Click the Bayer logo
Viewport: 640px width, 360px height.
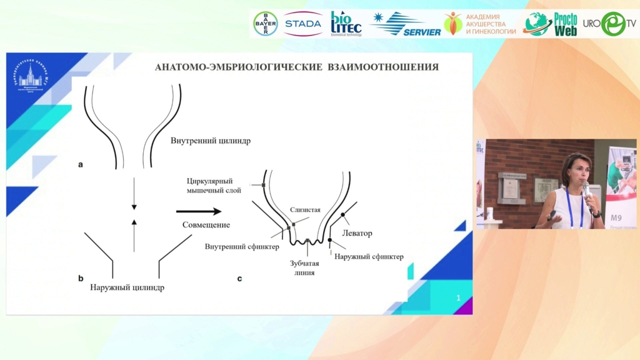(265, 24)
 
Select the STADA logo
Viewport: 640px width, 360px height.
(302, 24)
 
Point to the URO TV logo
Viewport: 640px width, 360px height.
(609, 24)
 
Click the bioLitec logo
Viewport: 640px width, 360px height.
(346, 24)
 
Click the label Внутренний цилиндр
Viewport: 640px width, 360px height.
(211, 141)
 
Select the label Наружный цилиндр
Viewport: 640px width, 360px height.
(127, 287)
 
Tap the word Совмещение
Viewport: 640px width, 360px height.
(206, 224)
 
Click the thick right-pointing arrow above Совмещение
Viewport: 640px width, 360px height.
(199, 211)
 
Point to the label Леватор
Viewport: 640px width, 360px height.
(357, 233)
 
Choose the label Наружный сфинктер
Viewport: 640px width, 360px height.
(369, 256)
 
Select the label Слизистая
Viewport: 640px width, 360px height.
(305, 210)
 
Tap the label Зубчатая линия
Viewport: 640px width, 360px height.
(305, 267)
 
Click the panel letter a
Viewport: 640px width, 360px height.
(81, 165)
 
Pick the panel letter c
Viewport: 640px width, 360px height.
(239, 278)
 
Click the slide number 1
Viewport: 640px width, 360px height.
(458, 298)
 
